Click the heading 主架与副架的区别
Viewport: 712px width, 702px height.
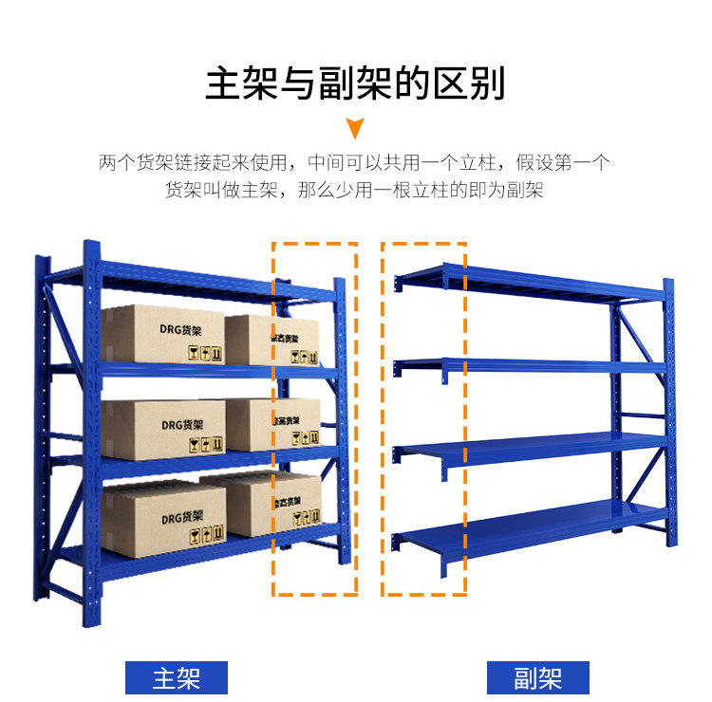pyautogui.click(x=355, y=83)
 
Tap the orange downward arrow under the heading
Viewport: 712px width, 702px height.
pyautogui.click(x=355, y=128)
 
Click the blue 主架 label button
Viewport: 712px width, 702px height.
pyautogui.click(x=178, y=677)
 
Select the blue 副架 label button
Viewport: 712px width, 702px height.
pyautogui.click(x=538, y=677)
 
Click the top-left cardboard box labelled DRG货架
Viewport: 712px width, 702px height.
pyautogui.click(x=163, y=334)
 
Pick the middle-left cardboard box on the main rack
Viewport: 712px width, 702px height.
pyautogui.click(x=163, y=429)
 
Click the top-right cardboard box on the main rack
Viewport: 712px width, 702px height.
pyautogui.click(x=273, y=340)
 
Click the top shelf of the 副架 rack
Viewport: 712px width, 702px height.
pyautogui.click(x=532, y=282)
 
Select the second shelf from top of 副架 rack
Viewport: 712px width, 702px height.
pyautogui.click(x=532, y=364)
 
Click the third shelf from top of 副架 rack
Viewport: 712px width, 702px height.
pyautogui.click(x=532, y=442)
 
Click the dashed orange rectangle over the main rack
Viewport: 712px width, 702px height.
pyautogui.click(x=315, y=418)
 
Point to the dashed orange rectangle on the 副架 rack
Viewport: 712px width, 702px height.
pyautogui.click(x=423, y=418)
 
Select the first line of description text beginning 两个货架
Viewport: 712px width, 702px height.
pyautogui.click(x=355, y=162)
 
